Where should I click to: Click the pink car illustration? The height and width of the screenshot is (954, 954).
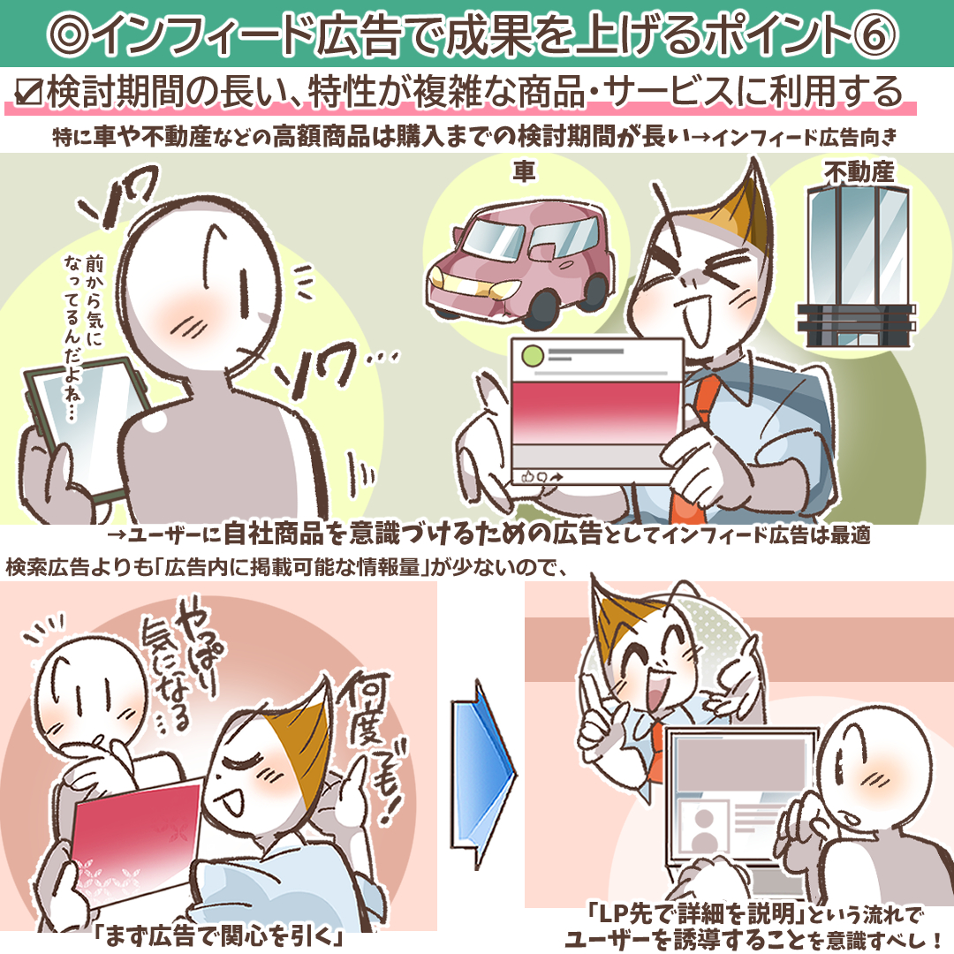(520, 261)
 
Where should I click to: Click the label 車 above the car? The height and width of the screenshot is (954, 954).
(524, 171)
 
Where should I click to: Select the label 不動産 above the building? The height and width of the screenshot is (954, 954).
(859, 173)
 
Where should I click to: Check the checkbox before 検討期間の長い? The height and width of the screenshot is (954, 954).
(29, 94)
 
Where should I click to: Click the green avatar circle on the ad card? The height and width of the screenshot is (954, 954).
(533, 355)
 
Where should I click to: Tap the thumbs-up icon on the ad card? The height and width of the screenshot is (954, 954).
(527, 476)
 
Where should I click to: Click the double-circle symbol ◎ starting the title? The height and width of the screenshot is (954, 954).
(70, 35)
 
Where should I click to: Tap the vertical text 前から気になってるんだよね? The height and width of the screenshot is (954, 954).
(83, 336)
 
